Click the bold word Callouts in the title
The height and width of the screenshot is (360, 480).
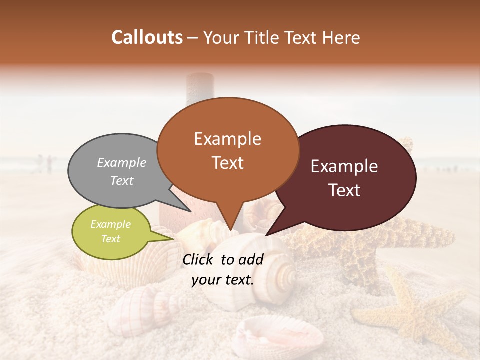coord(147,37)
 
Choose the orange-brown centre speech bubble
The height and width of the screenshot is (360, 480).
coord(228,150)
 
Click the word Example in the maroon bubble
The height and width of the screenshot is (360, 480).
coord(344,166)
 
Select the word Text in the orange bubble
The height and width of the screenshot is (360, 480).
coord(228,163)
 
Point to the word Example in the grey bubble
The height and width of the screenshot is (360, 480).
coord(122,162)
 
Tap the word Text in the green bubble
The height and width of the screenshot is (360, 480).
coord(111,239)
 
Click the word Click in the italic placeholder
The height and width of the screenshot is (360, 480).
coord(199,259)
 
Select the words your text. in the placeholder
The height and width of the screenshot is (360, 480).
coord(223,280)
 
